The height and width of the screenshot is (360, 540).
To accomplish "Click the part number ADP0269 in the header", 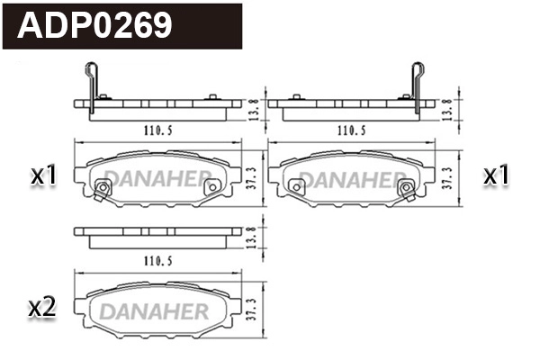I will tap(95, 26).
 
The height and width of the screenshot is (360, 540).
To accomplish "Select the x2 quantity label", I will tap(43, 308).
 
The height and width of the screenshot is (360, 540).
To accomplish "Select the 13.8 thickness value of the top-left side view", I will tap(252, 109).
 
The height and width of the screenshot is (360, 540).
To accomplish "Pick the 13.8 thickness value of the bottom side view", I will tap(252, 238).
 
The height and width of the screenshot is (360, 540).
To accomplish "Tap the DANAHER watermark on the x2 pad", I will tap(153, 310).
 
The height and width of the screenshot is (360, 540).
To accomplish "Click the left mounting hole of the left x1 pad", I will tap(102, 188).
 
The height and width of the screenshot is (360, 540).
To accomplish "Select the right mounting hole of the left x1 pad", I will tap(211, 187).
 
